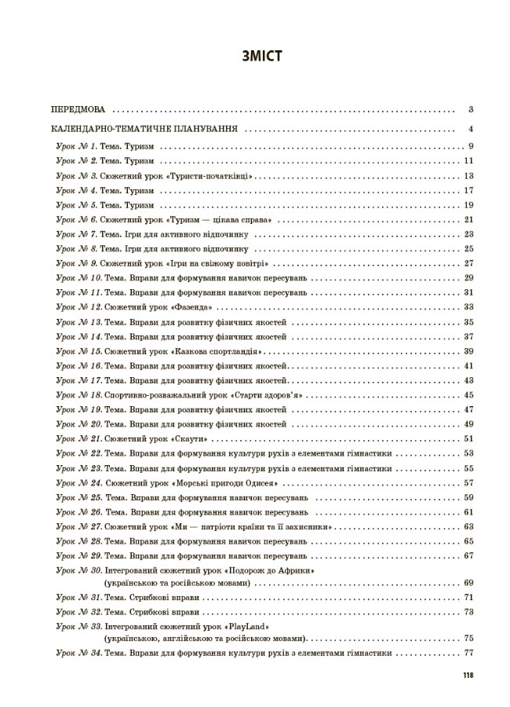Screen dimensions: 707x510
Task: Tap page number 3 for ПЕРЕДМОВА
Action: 469,110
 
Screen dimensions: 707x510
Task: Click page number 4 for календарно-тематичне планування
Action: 469,129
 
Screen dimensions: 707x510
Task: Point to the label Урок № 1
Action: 76,146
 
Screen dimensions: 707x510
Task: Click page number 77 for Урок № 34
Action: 469,653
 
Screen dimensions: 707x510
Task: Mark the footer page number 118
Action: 468,676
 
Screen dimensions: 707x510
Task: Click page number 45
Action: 469,394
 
